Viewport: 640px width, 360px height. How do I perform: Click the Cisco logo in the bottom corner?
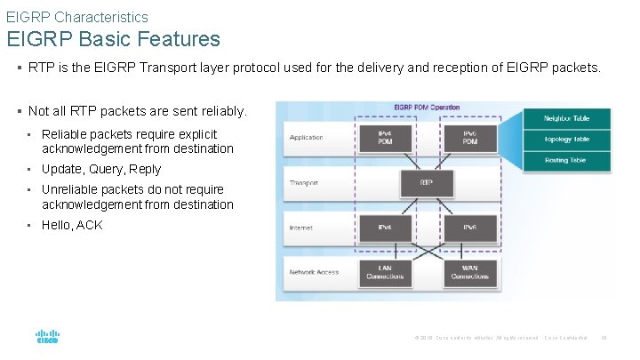[47, 338]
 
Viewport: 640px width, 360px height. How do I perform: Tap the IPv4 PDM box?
[385, 138]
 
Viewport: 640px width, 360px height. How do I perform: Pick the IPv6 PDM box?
[470, 138]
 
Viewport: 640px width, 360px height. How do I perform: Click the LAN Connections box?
[385, 272]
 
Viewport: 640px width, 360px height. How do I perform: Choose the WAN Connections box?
[470, 272]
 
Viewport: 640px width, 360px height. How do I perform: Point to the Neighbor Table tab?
[568, 118]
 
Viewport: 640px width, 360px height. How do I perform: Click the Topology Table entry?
[568, 139]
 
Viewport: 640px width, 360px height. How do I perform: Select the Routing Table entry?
[568, 160]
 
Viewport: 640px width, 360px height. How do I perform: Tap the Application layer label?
[307, 138]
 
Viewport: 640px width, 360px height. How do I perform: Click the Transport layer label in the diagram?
[305, 183]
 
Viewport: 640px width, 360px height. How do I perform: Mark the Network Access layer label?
[314, 272]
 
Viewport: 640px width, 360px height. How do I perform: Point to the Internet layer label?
[300, 228]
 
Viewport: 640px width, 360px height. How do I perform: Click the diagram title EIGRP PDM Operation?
[427, 108]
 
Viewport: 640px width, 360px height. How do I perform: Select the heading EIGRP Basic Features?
[114, 39]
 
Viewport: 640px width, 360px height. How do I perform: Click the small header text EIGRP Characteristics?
[77, 17]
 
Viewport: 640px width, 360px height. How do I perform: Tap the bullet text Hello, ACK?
[72, 225]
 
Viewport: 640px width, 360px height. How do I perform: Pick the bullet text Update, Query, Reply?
[101, 169]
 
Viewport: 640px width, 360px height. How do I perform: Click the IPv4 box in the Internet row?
[385, 228]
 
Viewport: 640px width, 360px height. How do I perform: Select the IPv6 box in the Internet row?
[470, 228]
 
